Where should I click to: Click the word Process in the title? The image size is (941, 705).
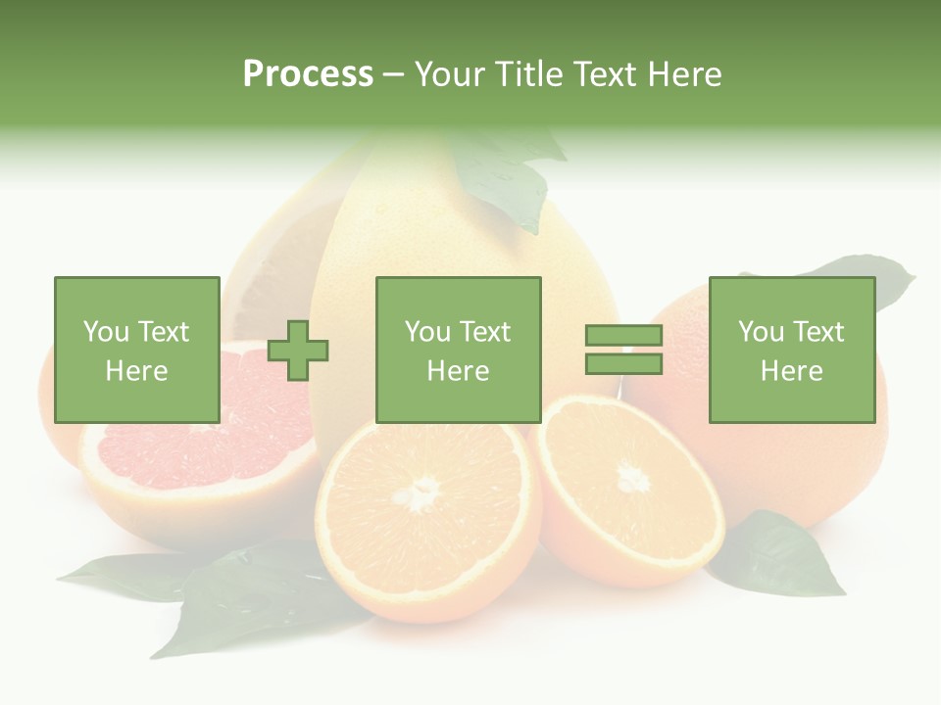(308, 74)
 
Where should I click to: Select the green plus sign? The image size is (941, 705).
(299, 350)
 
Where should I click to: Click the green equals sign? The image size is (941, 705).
(624, 350)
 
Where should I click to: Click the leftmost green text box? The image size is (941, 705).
(137, 350)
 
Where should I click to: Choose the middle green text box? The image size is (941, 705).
(459, 350)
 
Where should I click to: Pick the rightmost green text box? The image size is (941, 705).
(792, 350)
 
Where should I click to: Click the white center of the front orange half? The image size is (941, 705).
(422, 493)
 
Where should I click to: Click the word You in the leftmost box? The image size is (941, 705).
(106, 331)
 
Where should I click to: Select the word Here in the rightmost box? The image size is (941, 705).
(792, 370)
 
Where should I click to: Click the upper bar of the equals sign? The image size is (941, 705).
(624, 336)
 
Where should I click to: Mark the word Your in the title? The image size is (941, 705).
(453, 74)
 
